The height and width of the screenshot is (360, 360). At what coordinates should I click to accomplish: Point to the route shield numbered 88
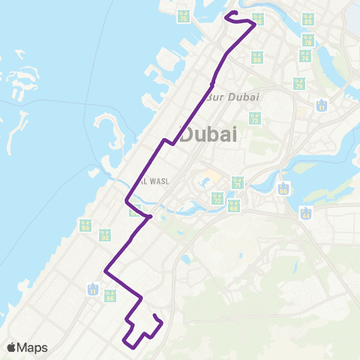click(257, 56)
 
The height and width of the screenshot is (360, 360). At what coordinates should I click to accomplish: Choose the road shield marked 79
click(298, 84)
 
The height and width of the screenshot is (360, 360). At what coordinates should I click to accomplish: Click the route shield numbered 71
click(238, 181)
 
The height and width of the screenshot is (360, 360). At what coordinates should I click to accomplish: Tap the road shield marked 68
click(234, 204)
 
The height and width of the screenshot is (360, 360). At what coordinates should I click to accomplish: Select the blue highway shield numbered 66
click(283, 188)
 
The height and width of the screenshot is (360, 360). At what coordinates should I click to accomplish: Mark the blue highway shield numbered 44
click(305, 213)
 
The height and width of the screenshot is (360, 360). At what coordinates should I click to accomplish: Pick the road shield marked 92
click(105, 235)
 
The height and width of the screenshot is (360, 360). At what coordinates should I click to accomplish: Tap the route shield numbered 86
click(110, 296)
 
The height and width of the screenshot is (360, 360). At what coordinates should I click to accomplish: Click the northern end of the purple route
click(227, 13)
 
